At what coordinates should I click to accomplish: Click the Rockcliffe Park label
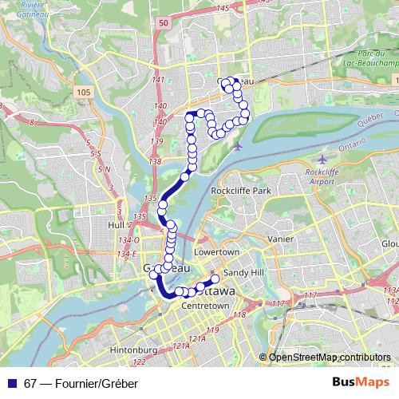click(x=241, y=192)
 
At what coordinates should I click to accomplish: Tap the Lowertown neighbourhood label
click(x=217, y=251)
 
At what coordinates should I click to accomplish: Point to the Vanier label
click(x=282, y=239)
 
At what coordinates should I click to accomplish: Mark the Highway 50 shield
click(x=163, y=24)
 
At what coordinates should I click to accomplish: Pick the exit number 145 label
click(x=222, y=7)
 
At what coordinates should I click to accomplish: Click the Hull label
click(x=115, y=226)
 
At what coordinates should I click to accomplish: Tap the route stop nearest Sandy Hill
click(x=215, y=279)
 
